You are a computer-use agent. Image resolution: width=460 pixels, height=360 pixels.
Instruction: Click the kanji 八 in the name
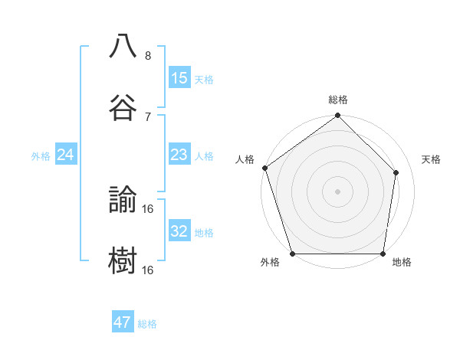[123, 47]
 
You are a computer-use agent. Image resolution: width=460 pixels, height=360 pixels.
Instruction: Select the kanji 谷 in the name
[123, 107]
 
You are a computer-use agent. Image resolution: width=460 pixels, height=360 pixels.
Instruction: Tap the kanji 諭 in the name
[123, 200]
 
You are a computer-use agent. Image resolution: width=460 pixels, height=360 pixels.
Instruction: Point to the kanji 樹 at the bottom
[123, 260]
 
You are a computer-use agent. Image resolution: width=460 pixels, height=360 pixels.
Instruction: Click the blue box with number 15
[179, 77]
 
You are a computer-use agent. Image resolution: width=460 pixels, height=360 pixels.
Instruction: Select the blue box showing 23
[179, 155]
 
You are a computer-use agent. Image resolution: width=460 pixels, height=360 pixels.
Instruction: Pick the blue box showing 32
[179, 231]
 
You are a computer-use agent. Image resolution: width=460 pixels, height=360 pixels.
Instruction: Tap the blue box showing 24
[66, 155]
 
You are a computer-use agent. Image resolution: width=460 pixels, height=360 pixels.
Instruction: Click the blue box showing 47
[123, 322]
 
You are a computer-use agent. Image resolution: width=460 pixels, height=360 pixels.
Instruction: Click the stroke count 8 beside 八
[148, 56]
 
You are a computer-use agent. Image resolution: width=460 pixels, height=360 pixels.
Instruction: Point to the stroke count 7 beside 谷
[148, 116]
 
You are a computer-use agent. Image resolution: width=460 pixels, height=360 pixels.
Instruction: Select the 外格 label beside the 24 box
[41, 155]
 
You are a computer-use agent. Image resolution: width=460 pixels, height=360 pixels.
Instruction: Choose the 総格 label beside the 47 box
[147, 324]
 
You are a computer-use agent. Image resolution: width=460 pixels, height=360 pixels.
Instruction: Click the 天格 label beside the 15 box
[204, 79]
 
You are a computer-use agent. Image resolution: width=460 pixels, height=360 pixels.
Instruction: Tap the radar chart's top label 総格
[338, 100]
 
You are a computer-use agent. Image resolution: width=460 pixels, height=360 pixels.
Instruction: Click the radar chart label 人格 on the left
[245, 159]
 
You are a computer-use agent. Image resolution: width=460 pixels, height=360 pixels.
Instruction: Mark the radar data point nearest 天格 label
[396, 172]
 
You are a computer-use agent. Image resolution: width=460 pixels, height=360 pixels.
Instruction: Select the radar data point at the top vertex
[338, 116]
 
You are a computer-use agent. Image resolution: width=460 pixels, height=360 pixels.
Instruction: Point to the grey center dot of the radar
[338, 191]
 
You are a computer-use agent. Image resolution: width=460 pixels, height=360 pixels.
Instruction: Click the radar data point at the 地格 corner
[383, 253]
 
